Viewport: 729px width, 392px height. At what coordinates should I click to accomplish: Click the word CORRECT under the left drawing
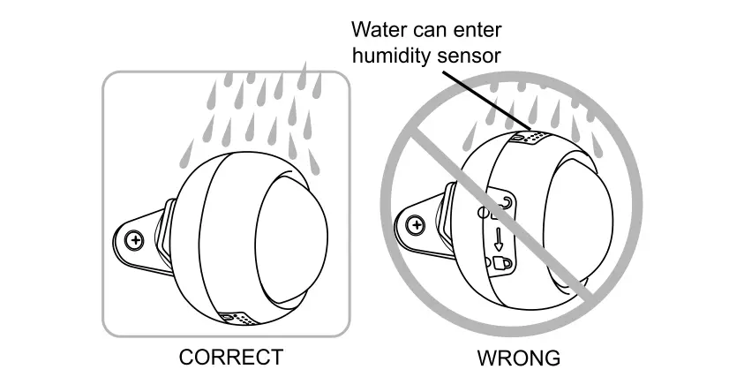point(230,358)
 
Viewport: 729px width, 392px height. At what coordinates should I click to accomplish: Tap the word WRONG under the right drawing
point(518,358)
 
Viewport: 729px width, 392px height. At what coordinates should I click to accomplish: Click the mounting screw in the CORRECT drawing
point(135,239)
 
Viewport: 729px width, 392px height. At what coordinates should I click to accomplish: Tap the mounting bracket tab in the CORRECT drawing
point(141,238)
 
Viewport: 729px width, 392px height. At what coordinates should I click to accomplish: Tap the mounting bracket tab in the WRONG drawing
point(418,226)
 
